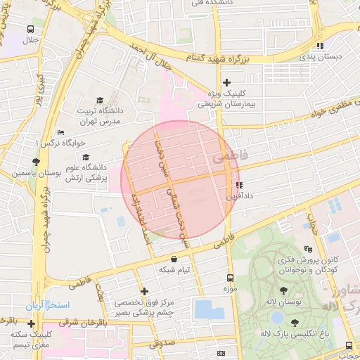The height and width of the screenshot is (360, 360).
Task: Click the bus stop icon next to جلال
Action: (30, 30)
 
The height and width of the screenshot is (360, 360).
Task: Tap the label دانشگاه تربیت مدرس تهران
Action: (98, 116)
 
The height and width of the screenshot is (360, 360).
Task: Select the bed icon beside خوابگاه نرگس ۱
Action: (60, 132)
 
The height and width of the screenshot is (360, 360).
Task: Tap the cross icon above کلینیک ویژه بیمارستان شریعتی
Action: (226, 82)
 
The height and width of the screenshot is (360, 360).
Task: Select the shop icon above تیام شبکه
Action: (174, 259)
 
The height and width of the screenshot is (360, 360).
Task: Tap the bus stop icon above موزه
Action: (230, 278)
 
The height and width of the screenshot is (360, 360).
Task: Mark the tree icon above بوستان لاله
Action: (283, 290)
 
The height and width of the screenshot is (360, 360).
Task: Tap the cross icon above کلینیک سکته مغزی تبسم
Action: (32, 323)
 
